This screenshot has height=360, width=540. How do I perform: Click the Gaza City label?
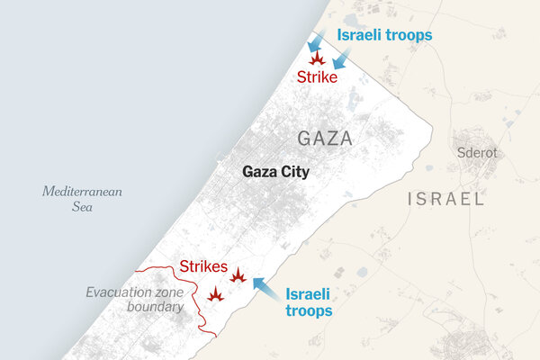275,172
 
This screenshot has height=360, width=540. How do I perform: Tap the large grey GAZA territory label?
324,139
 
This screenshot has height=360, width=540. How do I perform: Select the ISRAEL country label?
445,199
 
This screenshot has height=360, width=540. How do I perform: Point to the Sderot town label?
476,153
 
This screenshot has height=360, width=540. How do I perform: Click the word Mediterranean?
81,192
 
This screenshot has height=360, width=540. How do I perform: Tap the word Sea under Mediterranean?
81,208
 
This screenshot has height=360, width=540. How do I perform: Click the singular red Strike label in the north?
317,78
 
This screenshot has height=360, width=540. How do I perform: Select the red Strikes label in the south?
203,265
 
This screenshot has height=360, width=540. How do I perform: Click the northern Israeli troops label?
384,35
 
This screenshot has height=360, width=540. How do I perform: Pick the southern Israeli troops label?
309,301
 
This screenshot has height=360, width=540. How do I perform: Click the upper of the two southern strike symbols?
238,275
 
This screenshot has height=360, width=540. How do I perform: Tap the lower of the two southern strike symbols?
215,293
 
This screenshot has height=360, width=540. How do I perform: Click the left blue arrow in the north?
313,43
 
